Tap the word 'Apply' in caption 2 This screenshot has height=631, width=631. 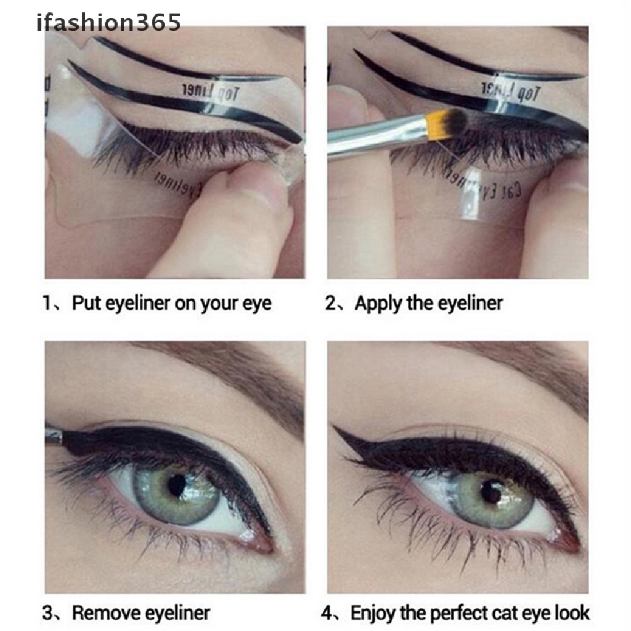pyautogui.click(x=377, y=304)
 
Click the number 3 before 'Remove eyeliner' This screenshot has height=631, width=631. pyautogui.click(x=49, y=613)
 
